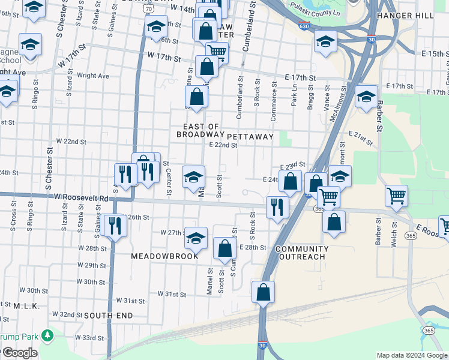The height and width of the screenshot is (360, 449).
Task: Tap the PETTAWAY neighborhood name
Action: [x=250, y=137]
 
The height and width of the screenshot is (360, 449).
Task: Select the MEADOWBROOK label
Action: [x=164, y=256]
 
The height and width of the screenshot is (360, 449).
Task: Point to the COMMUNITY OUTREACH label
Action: [x=302, y=253]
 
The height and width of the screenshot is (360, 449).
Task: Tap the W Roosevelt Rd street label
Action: [x=80, y=197]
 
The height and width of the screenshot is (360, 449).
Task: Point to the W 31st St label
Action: [x=172, y=294]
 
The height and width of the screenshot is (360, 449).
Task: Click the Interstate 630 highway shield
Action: [x=304, y=26]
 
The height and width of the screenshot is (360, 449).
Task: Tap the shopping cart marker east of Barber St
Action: [x=397, y=195]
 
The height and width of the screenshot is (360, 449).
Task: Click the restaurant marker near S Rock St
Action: [x=277, y=207]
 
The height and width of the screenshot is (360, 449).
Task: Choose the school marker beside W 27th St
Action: [x=196, y=238]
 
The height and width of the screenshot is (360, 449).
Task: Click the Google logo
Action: [x=20, y=353]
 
